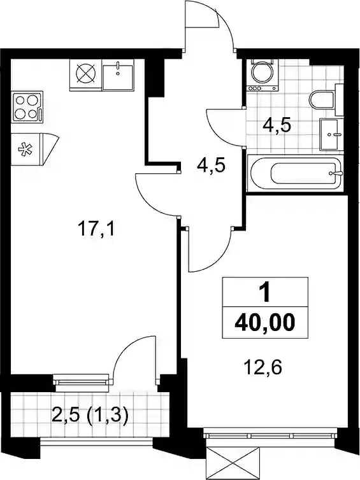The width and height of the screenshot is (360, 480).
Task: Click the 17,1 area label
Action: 96,230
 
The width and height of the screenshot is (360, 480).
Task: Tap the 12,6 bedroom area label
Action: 263,367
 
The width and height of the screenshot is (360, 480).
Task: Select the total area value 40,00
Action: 264,323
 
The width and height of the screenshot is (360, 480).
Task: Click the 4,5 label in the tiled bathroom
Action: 276,126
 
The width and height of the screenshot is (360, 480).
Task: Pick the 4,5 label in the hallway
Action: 212,166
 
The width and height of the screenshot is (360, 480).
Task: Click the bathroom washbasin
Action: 330,134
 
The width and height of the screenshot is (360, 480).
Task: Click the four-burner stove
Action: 27,107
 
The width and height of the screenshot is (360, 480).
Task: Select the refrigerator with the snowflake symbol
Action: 34,150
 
